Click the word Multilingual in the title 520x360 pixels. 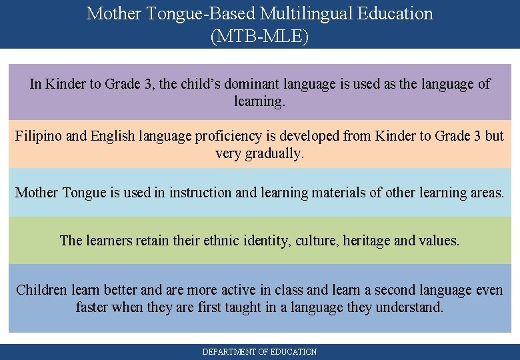pyautogui.click(x=300, y=13)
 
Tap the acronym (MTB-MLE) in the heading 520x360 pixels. pyautogui.click(x=260, y=36)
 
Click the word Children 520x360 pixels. pyautogui.click(x=41, y=290)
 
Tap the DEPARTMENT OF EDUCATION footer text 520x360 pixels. pyautogui.click(x=260, y=351)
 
